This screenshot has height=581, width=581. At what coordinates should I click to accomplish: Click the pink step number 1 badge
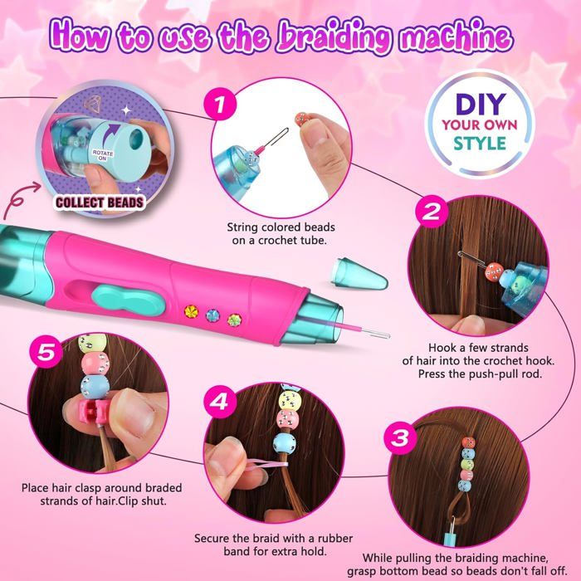[220, 104]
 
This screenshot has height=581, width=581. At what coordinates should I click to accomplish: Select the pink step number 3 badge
[400, 437]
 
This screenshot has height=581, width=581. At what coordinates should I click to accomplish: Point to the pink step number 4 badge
[220, 402]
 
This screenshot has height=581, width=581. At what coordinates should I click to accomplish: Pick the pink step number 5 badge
[46, 352]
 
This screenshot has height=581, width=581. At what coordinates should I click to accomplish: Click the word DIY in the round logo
[481, 104]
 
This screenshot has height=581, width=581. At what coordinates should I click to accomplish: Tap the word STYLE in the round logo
[480, 144]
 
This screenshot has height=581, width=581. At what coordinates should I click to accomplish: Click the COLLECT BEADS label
[100, 203]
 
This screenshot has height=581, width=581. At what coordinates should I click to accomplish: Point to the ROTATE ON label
[103, 155]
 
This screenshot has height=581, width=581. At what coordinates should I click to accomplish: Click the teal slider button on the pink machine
[128, 301]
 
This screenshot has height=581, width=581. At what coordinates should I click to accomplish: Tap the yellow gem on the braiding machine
[191, 311]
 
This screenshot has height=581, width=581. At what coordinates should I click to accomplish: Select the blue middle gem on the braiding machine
[212, 315]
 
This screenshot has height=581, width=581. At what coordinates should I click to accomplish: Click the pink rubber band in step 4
[269, 465]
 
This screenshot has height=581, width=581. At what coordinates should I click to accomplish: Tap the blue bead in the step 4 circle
[285, 444]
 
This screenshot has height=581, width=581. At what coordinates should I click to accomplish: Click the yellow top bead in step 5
[93, 343]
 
